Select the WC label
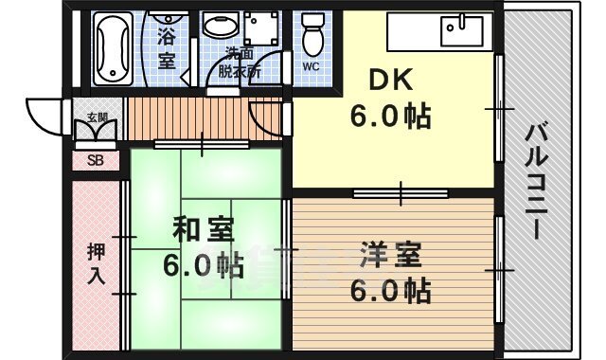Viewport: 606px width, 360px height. coord(312,66)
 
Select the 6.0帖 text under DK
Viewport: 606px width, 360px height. coord(390,117)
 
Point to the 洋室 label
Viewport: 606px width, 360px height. coord(390,253)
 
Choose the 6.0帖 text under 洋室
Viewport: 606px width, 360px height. coord(390,286)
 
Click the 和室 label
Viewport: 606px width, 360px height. coord(203,231)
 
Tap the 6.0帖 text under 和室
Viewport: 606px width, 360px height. coord(202,265)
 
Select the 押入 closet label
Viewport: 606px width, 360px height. coord(97,264)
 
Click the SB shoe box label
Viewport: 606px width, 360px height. coord(96,160)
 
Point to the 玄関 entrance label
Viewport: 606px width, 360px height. coord(98,117)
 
